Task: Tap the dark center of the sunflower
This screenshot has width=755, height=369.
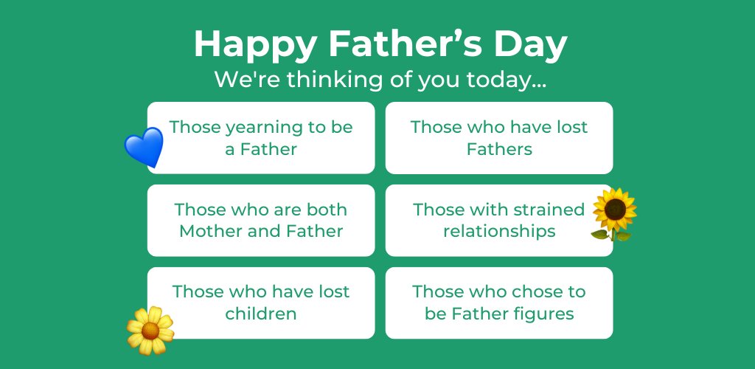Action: [614, 209]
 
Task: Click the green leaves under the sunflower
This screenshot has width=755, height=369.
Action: [611, 235]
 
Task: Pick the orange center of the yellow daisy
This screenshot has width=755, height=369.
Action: [150, 330]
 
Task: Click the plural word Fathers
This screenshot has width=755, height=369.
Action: [499, 149]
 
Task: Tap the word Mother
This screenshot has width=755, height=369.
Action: [212, 231]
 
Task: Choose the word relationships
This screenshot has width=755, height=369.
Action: [499, 231]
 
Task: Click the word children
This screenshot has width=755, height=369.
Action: [261, 314]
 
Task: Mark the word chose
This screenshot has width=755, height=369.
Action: [535, 292]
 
